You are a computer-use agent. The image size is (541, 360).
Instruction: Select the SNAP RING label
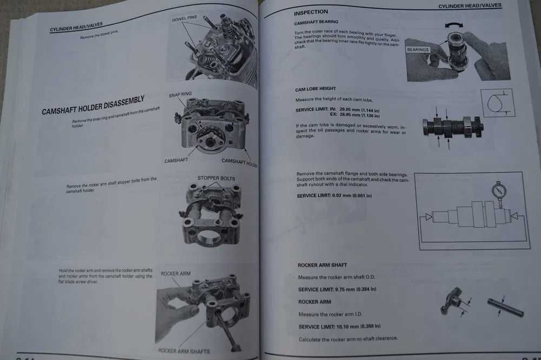180,94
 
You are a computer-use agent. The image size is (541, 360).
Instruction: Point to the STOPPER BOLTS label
216,178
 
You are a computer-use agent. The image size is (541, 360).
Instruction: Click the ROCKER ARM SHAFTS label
184,351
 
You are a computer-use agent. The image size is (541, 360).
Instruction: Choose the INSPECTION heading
311,12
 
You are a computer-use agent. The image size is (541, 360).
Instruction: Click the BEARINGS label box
418,50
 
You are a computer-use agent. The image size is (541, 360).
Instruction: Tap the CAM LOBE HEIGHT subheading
315,89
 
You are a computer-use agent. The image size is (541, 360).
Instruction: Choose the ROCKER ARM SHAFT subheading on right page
322,265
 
